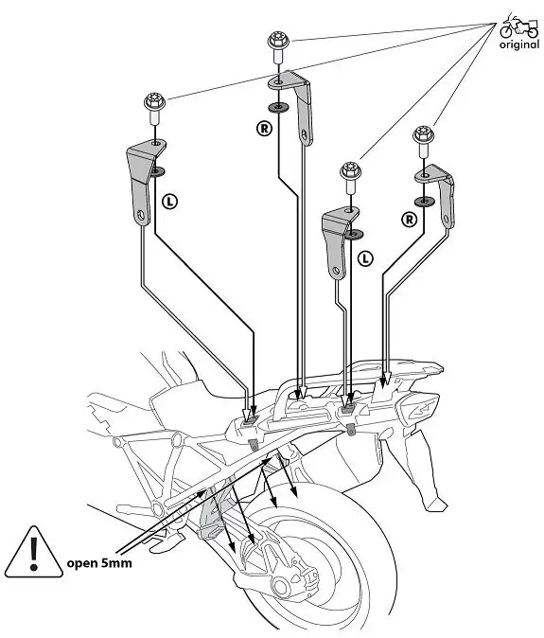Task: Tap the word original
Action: [x=518, y=44]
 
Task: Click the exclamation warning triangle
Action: [x=33, y=552]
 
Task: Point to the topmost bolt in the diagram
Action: [x=277, y=44]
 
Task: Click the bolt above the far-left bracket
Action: [x=152, y=101]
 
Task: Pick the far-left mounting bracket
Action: [x=142, y=179]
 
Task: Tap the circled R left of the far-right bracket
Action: [x=409, y=218]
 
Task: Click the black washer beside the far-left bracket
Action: [x=156, y=170]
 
